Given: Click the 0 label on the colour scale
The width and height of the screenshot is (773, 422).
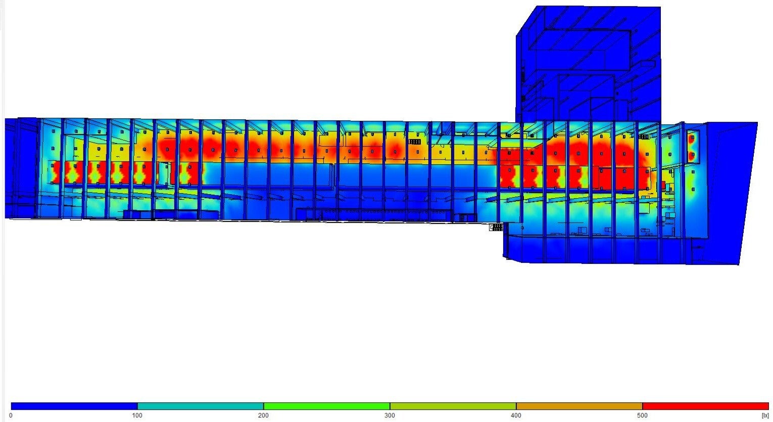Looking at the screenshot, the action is [x=11, y=415].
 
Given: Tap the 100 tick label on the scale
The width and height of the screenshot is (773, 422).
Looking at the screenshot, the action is [x=137, y=415].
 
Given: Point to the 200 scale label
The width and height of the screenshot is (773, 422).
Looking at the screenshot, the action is [x=263, y=415].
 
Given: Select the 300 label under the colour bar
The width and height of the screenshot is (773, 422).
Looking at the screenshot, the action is [x=390, y=415].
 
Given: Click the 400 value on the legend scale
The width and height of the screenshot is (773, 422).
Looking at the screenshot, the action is [x=516, y=415].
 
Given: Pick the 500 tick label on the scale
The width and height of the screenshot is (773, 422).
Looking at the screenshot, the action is [x=642, y=415].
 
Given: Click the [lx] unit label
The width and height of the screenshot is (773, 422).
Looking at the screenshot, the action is [x=765, y=415].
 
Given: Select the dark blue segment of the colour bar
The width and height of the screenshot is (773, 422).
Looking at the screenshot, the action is [x=74, y=406].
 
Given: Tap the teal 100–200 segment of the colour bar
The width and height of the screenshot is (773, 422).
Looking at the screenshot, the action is [x=201, y=406].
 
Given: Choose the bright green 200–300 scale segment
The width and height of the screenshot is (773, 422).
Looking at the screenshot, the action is [x=327, y=406].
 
